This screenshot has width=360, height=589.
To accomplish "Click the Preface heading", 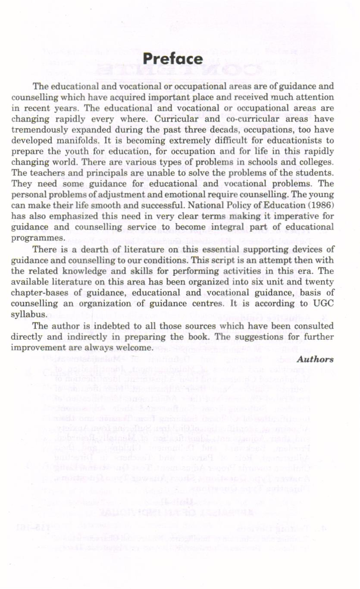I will coord(173,59).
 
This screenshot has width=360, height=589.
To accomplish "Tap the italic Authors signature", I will coord(315,359).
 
